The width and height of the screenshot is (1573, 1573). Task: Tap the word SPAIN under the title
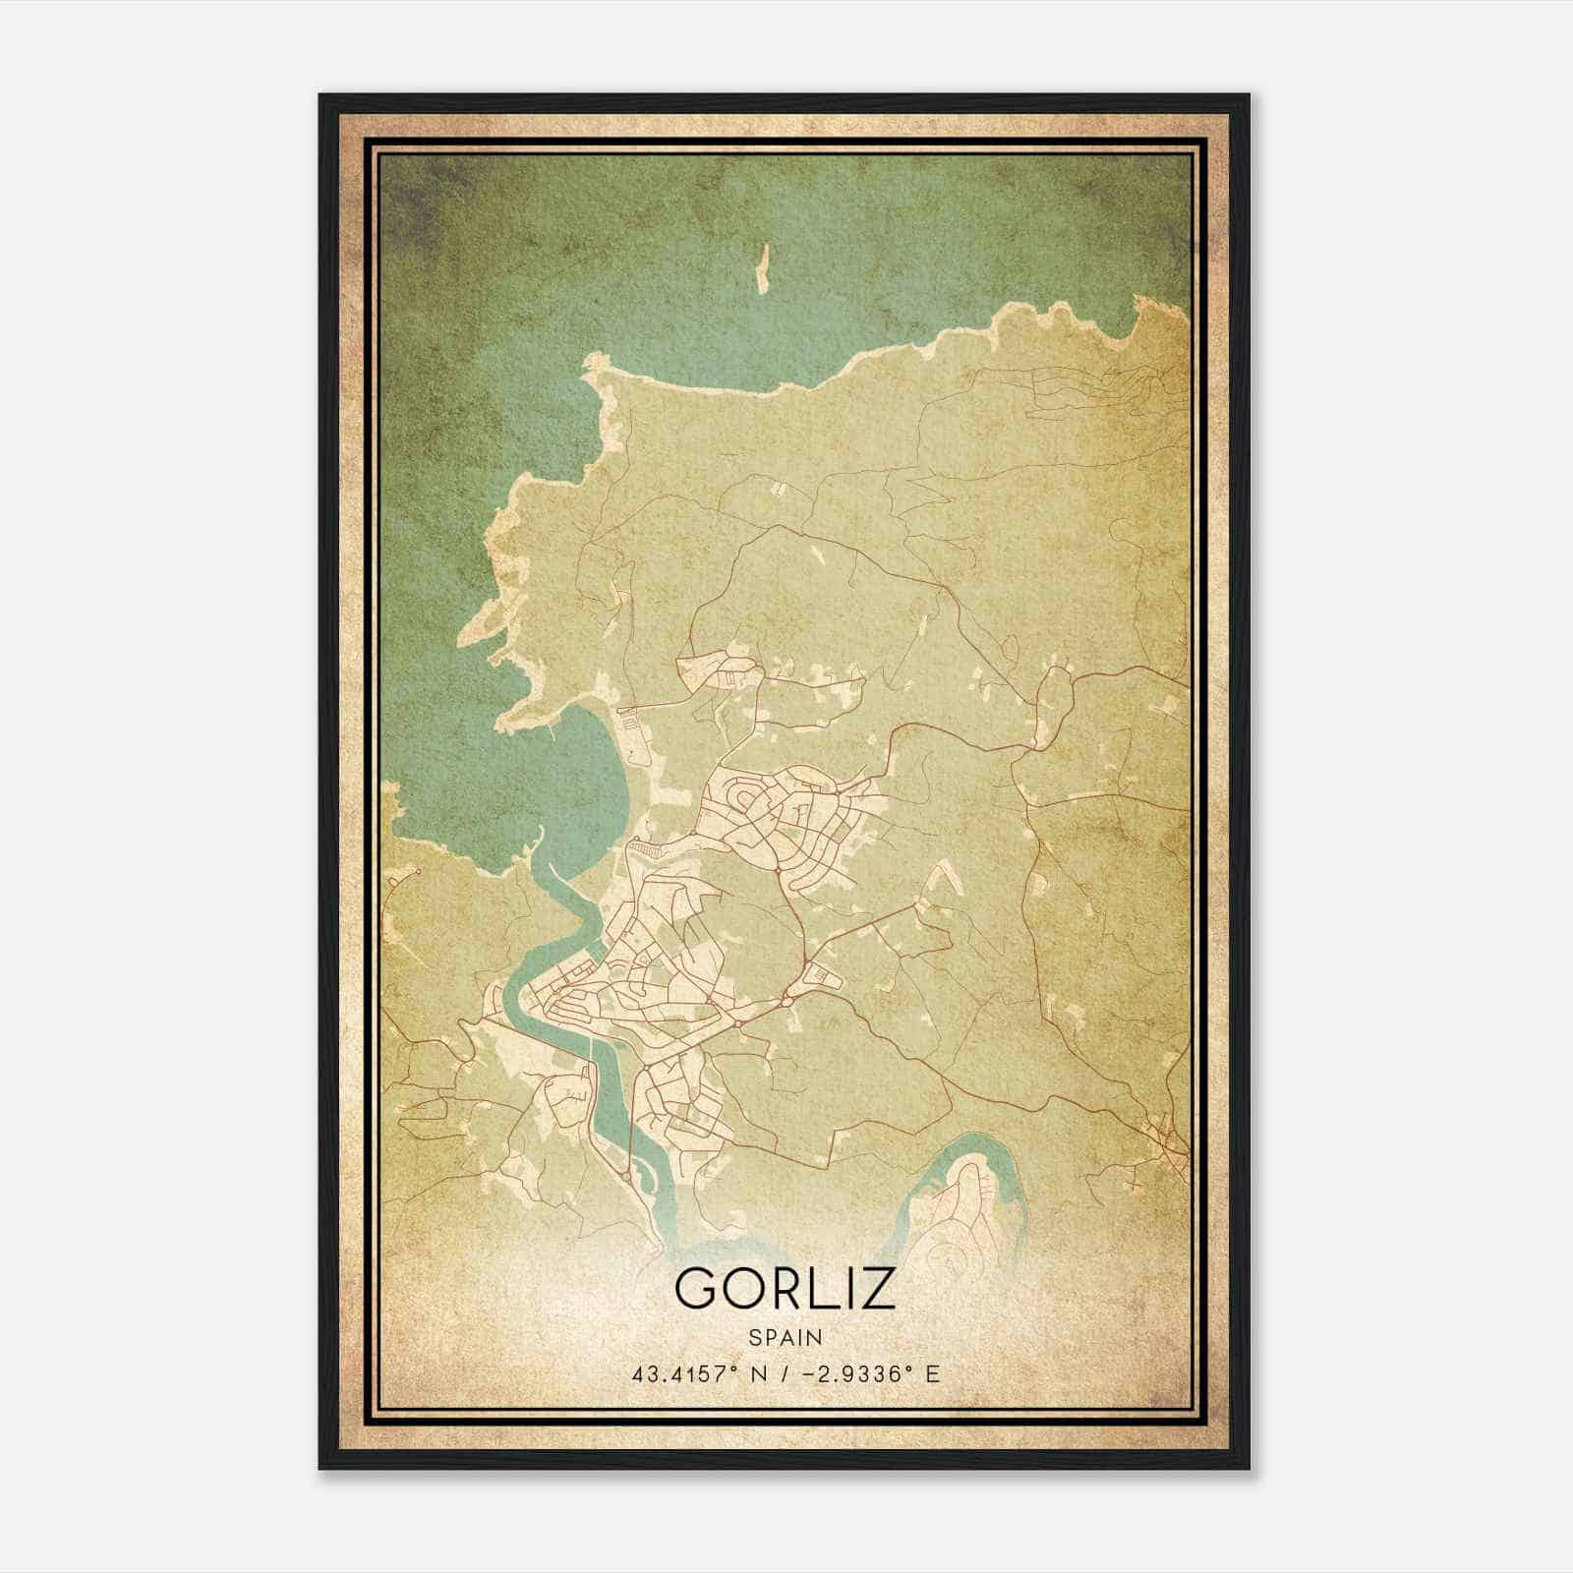(786, 1337)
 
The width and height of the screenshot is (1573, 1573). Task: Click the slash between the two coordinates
(786, 1373)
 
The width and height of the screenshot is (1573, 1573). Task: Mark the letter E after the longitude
(934, 1373)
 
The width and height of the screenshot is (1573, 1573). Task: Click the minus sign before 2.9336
(810, 1374)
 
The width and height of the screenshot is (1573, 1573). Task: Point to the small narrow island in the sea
(760, 267)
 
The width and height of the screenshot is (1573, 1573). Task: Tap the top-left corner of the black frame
(321, 96)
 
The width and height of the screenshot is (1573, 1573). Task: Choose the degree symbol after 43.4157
(734, 1368)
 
